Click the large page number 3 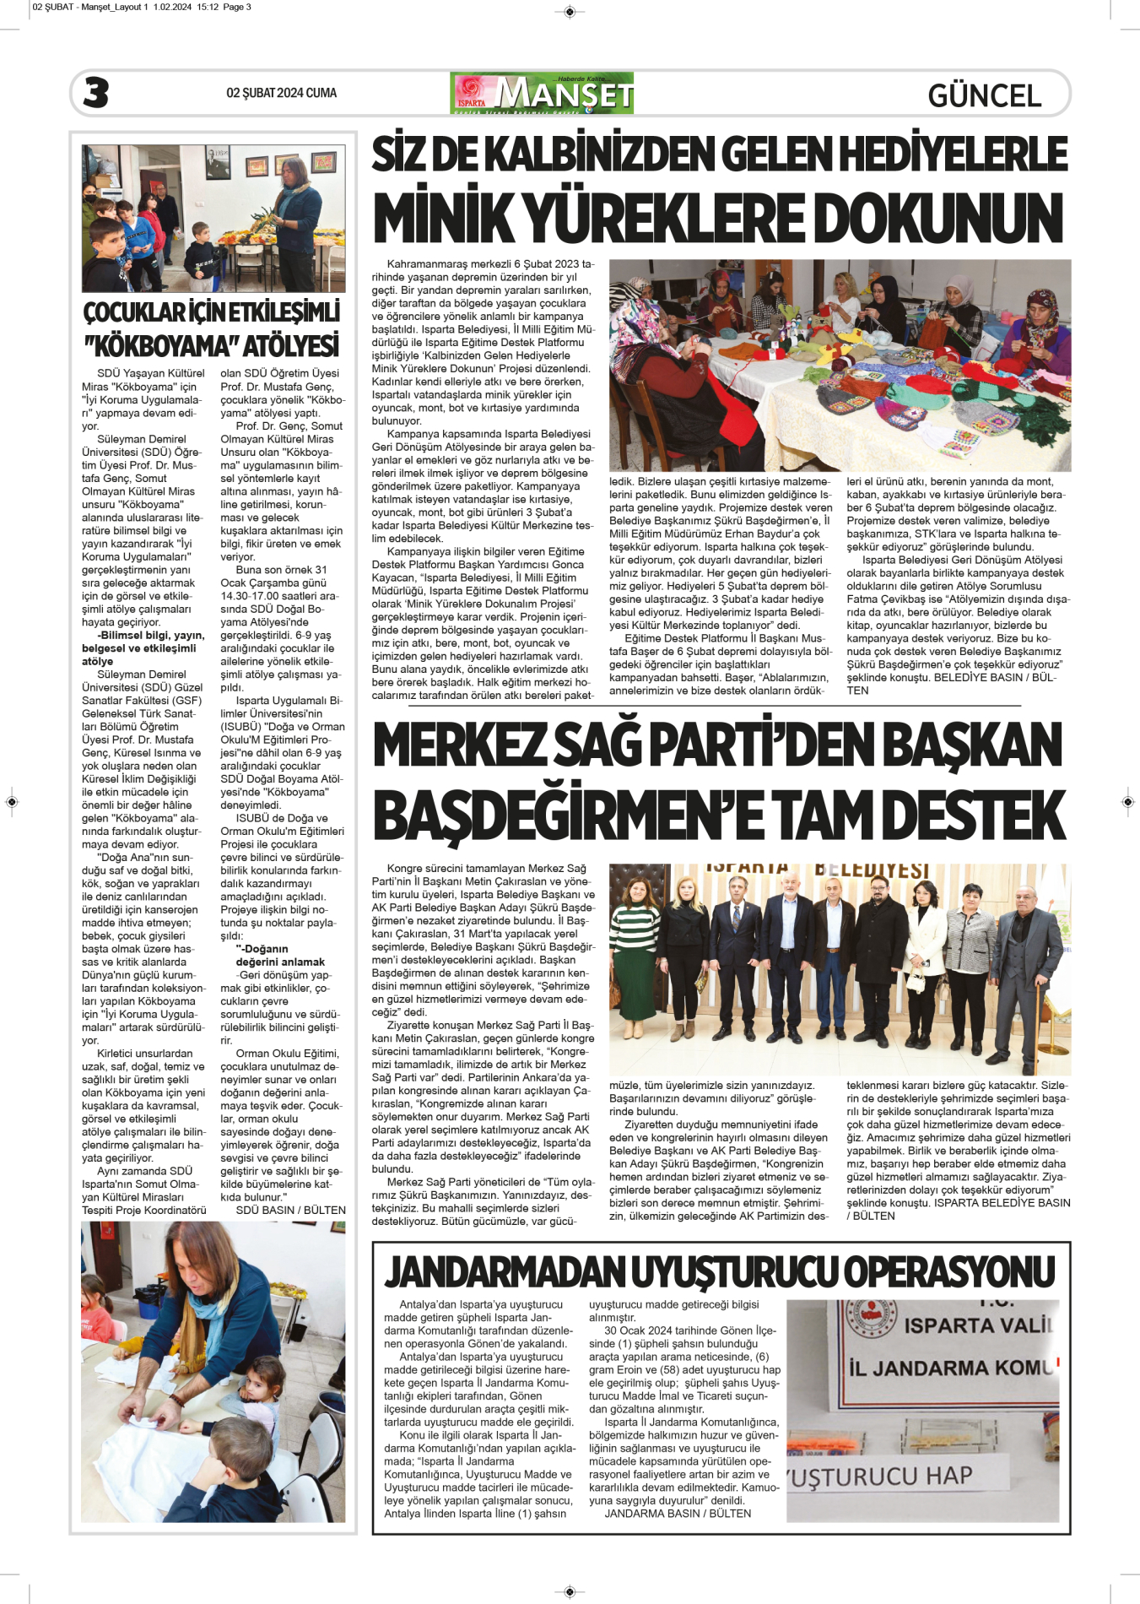coord(96,92)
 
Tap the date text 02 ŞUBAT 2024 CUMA coord(281,93)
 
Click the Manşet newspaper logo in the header coord(542,93)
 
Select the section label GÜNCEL coord(984,95)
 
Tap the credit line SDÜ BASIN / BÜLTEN coord(290,1210)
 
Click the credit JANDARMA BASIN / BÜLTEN coord(678,1514)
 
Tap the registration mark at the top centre coord(570,11)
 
